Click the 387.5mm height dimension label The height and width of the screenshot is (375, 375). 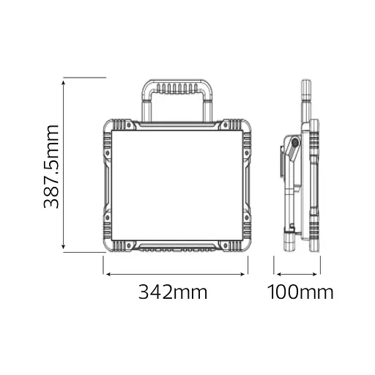(51, 167)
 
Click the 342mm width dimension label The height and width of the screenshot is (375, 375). (173, 292)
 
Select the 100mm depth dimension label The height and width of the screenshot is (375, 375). (300, 292)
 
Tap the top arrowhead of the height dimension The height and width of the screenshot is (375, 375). (64, 83)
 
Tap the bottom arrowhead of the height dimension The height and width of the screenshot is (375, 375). (64, 247)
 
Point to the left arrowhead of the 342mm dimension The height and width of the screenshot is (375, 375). (108, 275)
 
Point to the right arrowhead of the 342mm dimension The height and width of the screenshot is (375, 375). (242, 275)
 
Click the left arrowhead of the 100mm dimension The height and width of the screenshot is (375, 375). (279, 275)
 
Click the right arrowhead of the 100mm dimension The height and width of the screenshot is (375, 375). (315, 275)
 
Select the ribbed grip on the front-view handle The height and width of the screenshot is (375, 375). (177, 89)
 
